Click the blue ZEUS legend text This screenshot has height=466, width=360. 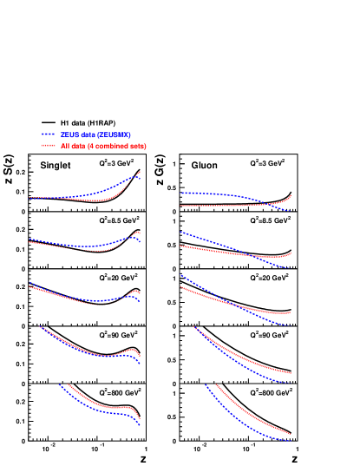(x=95, y=135)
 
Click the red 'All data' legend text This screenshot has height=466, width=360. (x=103, y=146)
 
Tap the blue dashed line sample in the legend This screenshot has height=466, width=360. (x=49, y=135)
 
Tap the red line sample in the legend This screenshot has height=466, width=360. (x=49, y=146)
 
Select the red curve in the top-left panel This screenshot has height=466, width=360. (x=104, y=200)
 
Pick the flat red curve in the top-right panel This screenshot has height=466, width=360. (x=217, y=206)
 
